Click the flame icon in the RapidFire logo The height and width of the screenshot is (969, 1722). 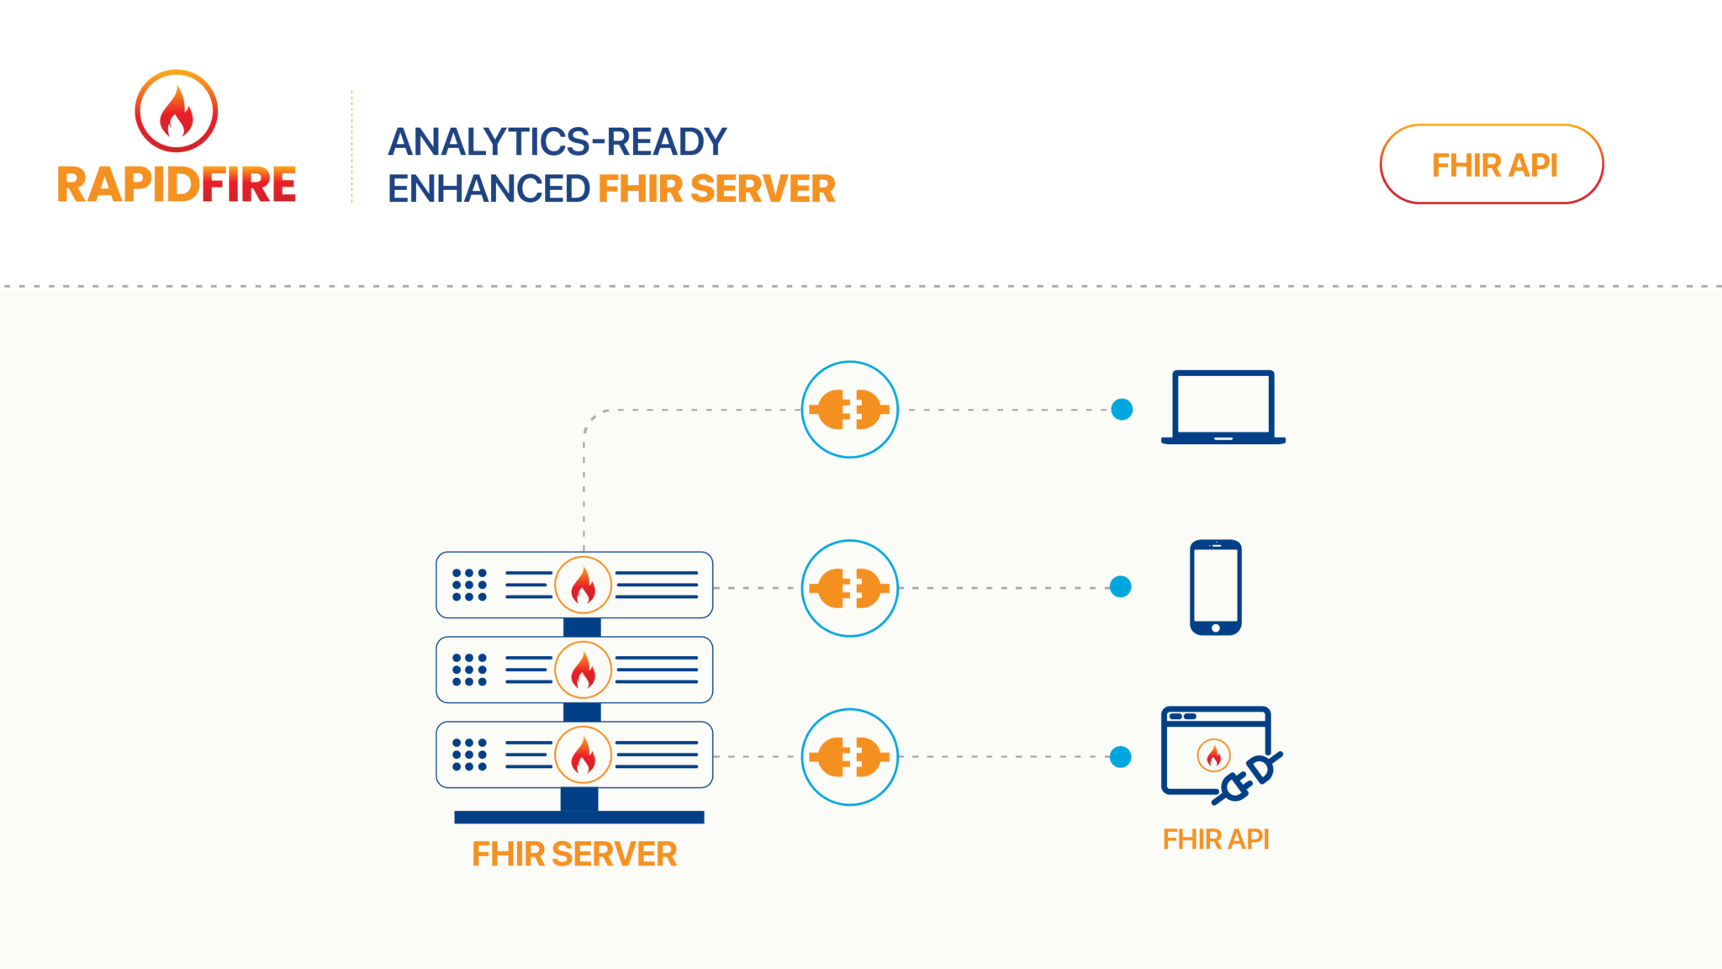pos(177,111)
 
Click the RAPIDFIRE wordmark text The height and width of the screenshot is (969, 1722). pos(177,185)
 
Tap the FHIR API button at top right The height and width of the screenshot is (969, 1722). pos(1492,165)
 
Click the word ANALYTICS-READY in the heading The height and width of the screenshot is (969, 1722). pos(557,142)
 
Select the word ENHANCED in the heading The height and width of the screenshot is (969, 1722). pos(489,189)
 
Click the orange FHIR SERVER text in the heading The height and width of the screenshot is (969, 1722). pos(716,189)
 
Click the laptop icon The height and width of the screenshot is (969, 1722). pos(1223,407)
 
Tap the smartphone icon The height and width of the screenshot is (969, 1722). pos(1216,587)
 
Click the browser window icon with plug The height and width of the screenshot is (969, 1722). pos(1219,754)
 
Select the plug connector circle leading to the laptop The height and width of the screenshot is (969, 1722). pos(849,410)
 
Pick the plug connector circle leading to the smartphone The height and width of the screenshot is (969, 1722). pos(849,588)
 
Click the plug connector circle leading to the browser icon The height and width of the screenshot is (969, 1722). pos(849,757)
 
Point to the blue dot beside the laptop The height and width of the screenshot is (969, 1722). pos(1122,410)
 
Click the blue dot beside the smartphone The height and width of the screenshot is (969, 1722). pos(1120,586)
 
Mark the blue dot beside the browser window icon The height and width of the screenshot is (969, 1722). pos(1120,757)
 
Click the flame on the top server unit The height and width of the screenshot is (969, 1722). pos(583,585)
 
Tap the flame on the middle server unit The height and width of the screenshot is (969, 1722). pos(583,670)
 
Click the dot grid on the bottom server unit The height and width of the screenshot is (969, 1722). pos(469,755)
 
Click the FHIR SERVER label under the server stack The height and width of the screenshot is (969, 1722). pos(574,855)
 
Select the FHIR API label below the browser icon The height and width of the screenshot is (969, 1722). pos(1216,839)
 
